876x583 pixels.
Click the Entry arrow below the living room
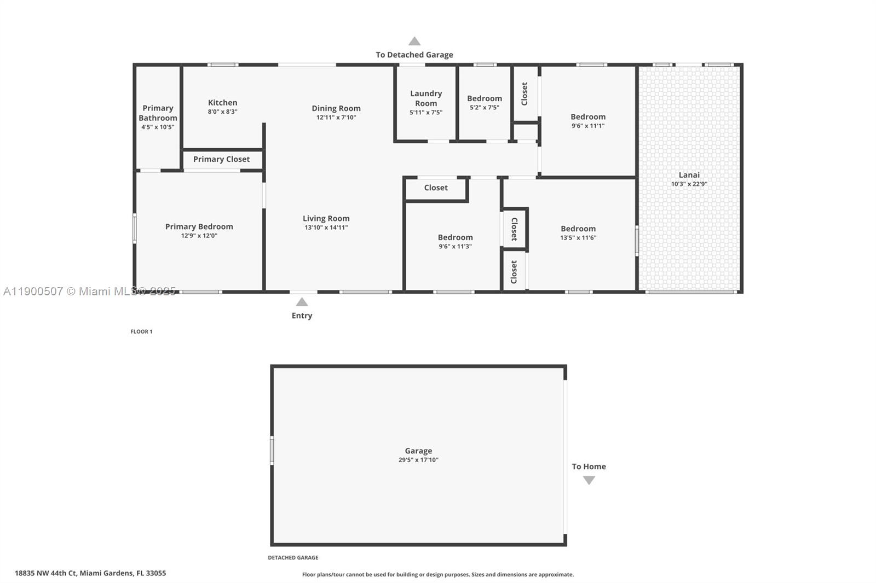coord(302,302)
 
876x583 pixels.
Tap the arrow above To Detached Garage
coord(414,41)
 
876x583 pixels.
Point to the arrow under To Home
coord(589,480)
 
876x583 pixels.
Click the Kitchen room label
coord(222,103)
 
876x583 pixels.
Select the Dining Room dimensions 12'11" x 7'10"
coord(336,118)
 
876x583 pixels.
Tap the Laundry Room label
coord(426,98)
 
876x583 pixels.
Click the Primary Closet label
coord(221,159)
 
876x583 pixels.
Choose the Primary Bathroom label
coord(158,113)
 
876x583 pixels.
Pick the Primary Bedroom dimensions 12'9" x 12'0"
coord(199,236)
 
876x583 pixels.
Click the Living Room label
coord(326,218)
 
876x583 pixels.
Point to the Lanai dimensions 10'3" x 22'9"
coord(689,184)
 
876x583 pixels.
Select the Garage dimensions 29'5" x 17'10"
coord(418,460)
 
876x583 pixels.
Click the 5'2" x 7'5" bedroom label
coord(485,99)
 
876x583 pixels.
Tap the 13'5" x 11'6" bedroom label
coord(578,229)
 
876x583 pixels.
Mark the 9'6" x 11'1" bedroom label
coord(588,117)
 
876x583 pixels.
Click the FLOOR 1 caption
coord(141,331)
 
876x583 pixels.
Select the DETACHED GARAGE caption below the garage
coord(293,558)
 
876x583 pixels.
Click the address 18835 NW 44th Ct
coord(90,573)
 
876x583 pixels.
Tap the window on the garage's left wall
coord(272,451)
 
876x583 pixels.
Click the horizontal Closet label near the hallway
coord(436,188)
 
